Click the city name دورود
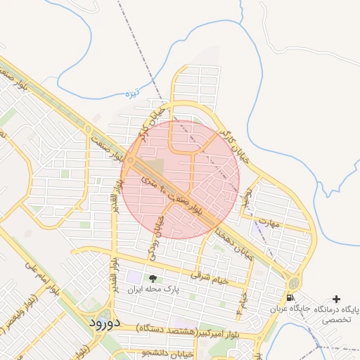[x=106, y=322]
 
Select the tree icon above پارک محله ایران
[x=153, y=278]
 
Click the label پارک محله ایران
[x=153, y=289]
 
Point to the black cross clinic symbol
[x=336, y=299]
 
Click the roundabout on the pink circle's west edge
[x=131, y=162]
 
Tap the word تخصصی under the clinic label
[x=334, y=319]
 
